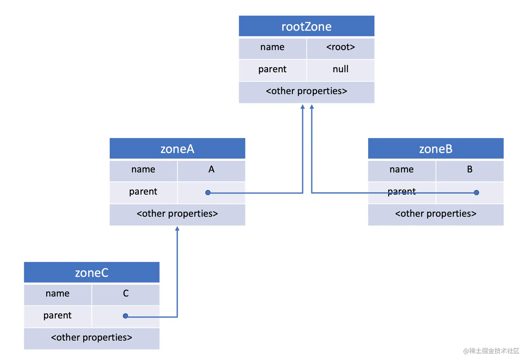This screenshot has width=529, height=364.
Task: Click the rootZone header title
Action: [306, 27]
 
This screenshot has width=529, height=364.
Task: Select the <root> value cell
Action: [340, 47]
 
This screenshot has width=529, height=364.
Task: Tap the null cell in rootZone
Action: [340, 69]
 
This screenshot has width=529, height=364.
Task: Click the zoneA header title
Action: [177, 149]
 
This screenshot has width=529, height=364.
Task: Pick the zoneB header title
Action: [436, 149]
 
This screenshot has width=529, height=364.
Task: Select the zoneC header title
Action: [92, 273]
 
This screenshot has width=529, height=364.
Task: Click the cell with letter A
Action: [211, 170]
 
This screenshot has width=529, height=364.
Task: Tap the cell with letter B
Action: [470, 170]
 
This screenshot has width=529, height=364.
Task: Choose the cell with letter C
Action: [126, 293]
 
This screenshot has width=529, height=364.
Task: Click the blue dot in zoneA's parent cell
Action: [208, 192]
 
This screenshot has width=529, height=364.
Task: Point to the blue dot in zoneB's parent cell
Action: [476, 192]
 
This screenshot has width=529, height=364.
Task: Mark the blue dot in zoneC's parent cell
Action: [125, 316]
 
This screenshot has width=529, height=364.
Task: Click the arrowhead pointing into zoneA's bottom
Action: [177, 228]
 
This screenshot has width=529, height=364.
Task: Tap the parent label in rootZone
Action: [272, 69]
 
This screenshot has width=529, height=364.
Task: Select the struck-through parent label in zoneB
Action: [402, 191]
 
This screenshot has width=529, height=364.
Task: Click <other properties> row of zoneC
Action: [92, 337]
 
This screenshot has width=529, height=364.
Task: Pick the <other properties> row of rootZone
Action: [306, 91]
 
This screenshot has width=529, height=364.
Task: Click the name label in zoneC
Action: [57, 293]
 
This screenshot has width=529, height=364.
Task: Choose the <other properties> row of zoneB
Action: [436, 214]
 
